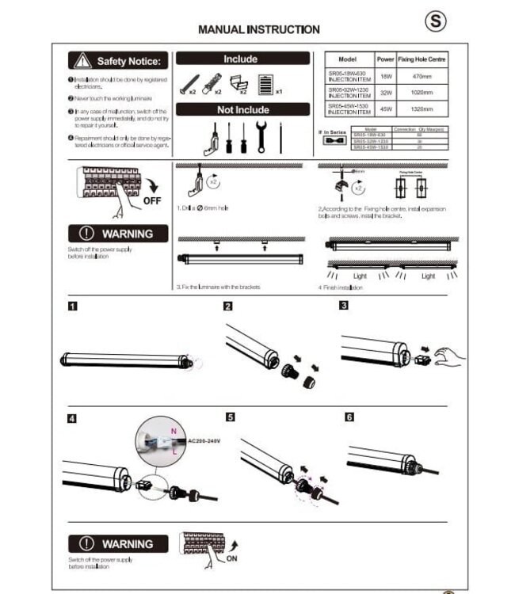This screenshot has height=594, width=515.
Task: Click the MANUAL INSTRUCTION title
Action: tap(258, 29)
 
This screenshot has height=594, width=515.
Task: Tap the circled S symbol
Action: tap(435, 21)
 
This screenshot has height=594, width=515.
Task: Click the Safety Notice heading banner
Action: tap(118, 61)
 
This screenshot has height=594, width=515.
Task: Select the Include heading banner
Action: tap(242, 59)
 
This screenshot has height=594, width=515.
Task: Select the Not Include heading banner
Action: tap(242, 110)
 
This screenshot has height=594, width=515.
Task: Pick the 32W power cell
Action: tap(386, 93)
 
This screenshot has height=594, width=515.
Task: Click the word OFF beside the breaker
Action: tap(152, 201)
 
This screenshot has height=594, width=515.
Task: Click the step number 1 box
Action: tap(72, 306)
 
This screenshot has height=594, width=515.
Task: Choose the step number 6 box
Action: tap(349, 417)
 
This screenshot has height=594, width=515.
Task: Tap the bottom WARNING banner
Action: tap(118, 544)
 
